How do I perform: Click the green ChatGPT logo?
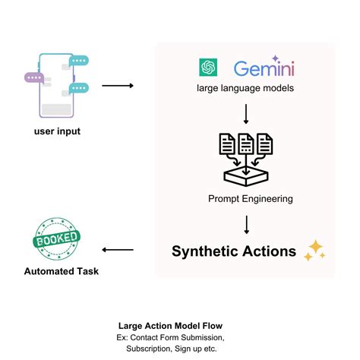click(208, 68)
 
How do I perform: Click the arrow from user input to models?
click(117, 85)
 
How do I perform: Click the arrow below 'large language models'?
click(245, 115)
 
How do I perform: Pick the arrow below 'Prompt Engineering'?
click(245, 224)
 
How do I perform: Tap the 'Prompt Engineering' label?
click(245, 199)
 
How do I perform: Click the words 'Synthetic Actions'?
click(234, 251)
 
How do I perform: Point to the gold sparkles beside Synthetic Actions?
click(314, 251)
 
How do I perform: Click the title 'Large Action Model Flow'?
click(180, 323)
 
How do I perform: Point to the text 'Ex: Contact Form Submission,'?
click(180, 336)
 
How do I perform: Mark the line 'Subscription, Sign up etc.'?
click(180, 348)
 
